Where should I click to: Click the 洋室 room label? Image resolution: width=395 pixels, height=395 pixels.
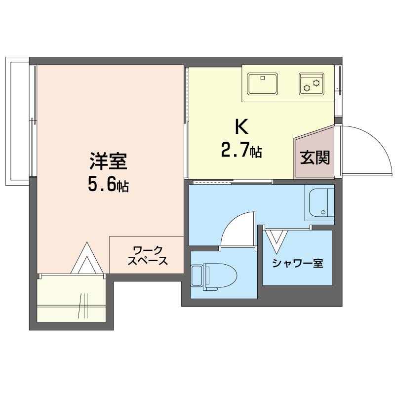108,161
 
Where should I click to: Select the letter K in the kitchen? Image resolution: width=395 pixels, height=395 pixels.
241,127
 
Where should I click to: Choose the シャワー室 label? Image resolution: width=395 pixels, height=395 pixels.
297,263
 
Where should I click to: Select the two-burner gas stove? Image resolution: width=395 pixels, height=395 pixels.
311,84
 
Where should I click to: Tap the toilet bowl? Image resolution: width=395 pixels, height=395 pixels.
223,276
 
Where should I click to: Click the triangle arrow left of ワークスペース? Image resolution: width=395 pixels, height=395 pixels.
87,259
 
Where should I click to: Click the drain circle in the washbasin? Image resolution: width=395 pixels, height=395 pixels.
324,213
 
